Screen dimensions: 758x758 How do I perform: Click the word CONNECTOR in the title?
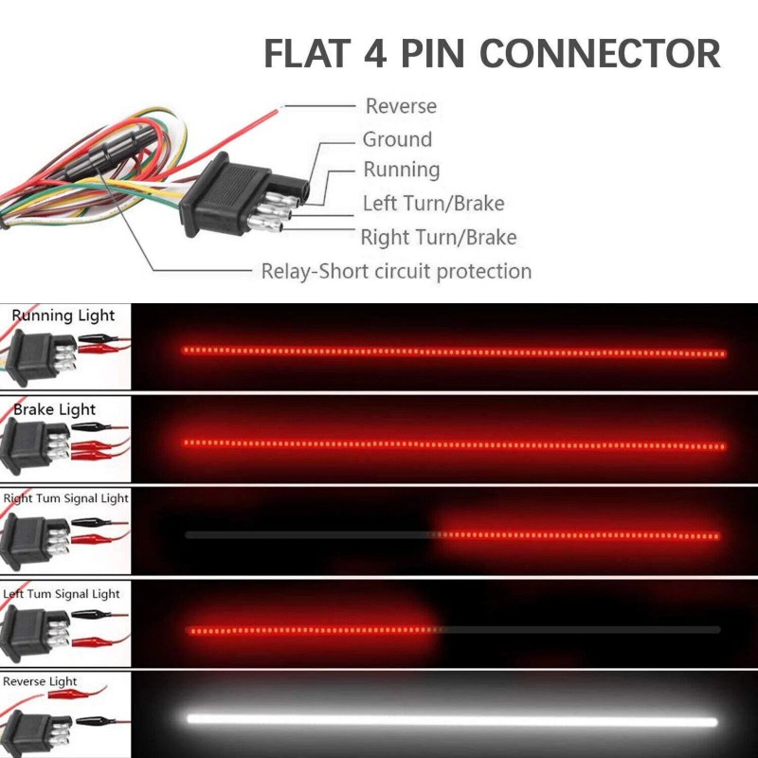[x=600, y=54]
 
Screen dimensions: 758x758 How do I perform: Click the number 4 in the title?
[x=374, y=54]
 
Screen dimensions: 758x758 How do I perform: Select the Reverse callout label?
[x=401, y=106]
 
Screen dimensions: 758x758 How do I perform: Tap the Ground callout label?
[x=397, y=139]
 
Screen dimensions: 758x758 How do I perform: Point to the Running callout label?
[x=402, y=170]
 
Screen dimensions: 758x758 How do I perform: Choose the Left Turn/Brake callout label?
[x=433, y=203]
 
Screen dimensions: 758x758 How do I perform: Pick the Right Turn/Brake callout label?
[x=439, y=237]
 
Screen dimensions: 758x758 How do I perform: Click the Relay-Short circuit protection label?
[x=396, y=271]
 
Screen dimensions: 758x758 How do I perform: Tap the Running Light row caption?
[x=63, y=316]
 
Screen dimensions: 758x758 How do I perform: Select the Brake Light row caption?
[x=55, y=409]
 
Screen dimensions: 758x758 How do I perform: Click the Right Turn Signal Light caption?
[x=65, y=498]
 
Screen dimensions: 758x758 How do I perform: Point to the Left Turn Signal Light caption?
[x=62, y=594]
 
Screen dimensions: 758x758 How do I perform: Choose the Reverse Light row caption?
[x=40, y=681]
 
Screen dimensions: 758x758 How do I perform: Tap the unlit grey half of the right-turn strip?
[x=308, y=535]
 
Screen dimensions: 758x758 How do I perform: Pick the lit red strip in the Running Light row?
[x=453, y=352]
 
